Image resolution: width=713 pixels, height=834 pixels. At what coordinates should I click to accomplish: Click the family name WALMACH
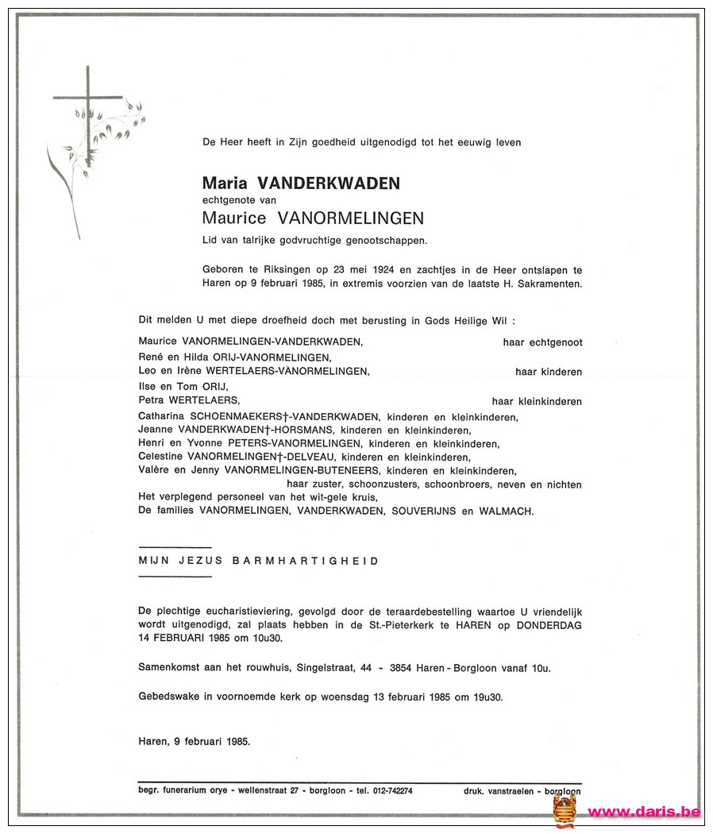click(x=507, y=512)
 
